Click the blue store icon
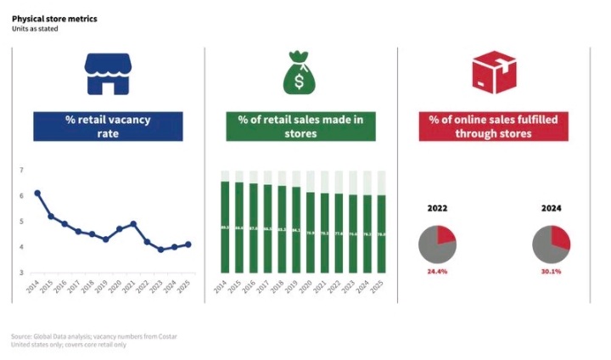coord(108,74)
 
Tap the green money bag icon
coord(300,73)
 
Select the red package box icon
coord(493,72)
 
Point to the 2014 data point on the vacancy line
coord(37,193)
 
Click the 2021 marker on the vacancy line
coord(133,224)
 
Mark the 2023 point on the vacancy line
coord(160,250)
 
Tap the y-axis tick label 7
coord(21,171)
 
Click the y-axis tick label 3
coord(21,273)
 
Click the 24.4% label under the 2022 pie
coord(437,272)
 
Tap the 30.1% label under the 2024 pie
coord(551,272)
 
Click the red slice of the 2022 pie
coord(446,237)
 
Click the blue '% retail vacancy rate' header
coord(108,126)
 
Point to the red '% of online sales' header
coord(493,126)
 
